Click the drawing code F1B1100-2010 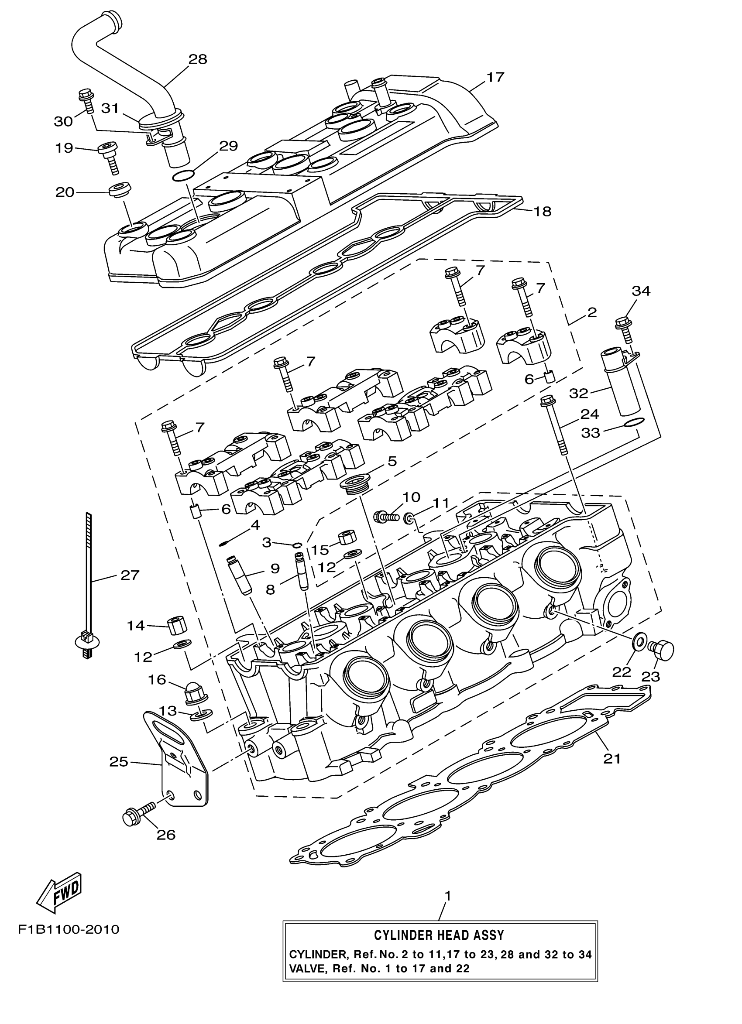[x=69, y=930]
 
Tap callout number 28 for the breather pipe [x=197, y=59]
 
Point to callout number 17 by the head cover [x=495, y=77]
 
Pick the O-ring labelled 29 [x=183, y=175]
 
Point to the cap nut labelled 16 [x=193, y=695]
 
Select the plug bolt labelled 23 [x=660, y=651]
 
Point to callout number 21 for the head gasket [x=612, y=759]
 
